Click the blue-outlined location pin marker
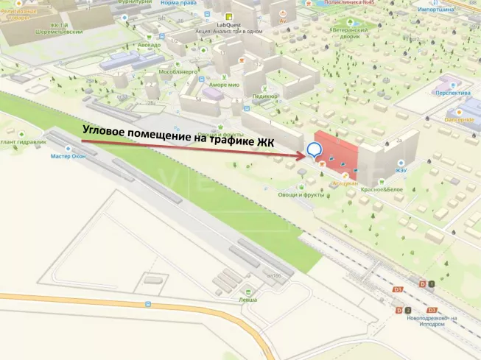pos(315,150)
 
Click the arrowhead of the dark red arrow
pos(302,155)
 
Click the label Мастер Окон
pos(69,156)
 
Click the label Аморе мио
pos(225,85)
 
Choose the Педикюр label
pos(264,96)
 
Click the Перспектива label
pos(453,93)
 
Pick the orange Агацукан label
pos(344,183)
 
